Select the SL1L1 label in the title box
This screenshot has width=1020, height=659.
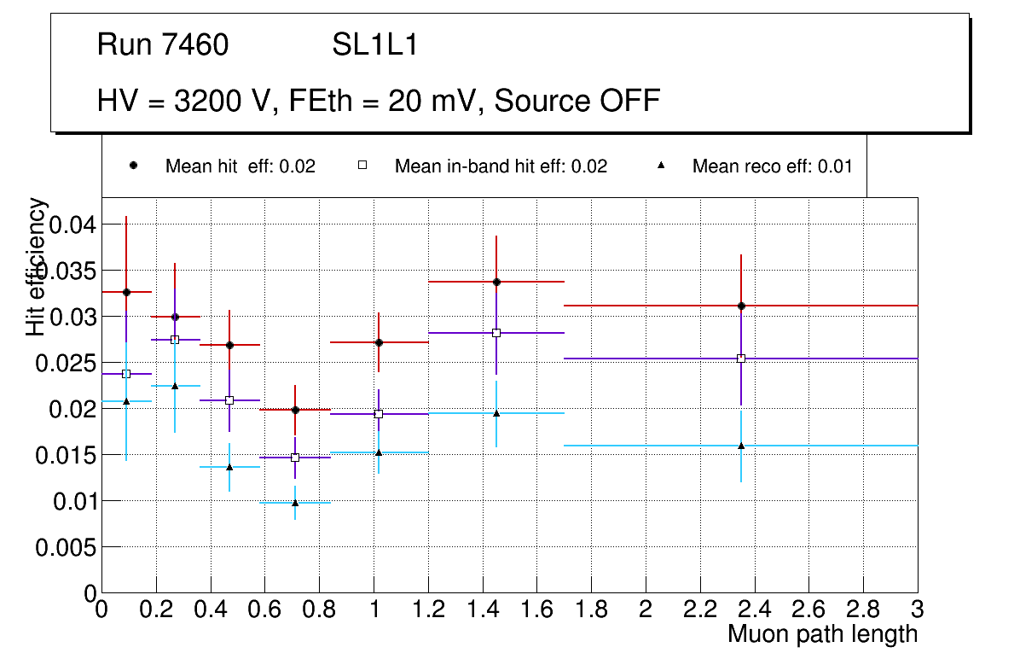tap(375, 45)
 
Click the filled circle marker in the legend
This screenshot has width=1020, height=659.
tap(133, 166)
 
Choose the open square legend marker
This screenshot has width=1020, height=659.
tap(362, 166)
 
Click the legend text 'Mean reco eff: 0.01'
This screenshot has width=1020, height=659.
tap(772, 166)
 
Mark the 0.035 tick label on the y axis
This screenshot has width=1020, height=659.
tap(65, 271)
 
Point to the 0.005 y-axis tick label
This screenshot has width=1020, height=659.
tap(65, 547)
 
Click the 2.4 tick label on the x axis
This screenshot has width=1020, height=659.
tap(754, 609)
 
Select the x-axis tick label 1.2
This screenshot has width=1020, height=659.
tap(428, 609)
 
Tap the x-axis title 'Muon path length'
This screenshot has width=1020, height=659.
tap(822, 634)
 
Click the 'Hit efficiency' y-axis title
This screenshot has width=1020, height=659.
tap(37, 266)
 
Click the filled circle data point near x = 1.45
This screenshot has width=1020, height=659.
tap(496, 282)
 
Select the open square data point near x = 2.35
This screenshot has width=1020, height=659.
tap(741, 359)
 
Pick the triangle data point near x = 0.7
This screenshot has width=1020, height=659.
tap(295, 503)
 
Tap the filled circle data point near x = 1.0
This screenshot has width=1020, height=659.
tap(379, 342)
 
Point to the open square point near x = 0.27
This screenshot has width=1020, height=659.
tap(175, 340)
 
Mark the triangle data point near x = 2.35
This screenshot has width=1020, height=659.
tap(741, 446)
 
